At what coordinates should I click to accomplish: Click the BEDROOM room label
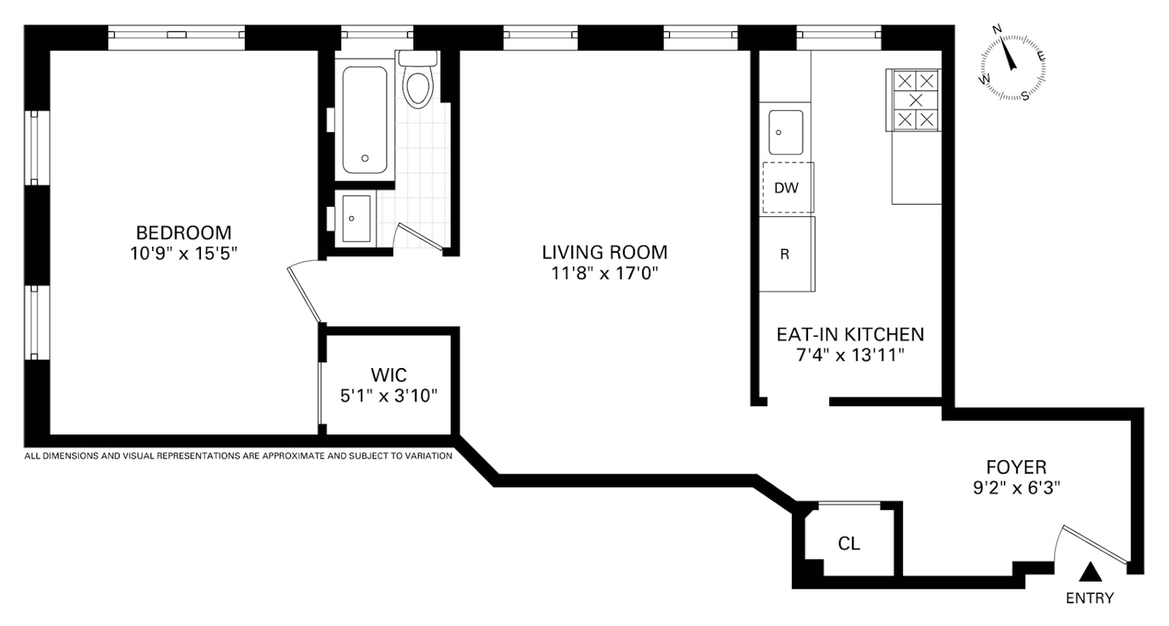(183, 232)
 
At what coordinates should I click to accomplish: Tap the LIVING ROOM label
(604, 252)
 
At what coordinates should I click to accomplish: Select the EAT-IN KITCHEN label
(850, 335)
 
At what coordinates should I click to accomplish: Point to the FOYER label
(1016, 466)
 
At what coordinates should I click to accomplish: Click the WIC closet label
(389, 375)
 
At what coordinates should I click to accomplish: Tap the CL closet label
(848, 543)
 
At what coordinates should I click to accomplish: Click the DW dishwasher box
(788, 188)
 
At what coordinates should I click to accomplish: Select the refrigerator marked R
(787, 254)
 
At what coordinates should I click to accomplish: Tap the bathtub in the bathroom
(365, 120)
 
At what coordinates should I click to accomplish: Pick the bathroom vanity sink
(357, 218)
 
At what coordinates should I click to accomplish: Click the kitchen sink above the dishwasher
(786, 132)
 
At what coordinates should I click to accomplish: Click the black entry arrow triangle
(1089, 572)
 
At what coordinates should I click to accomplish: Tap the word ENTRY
(1089, 598)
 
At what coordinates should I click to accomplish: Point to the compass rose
(1013, 66)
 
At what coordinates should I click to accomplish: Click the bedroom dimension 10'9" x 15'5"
(183, 253)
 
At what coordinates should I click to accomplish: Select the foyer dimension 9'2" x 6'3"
(1016, 488)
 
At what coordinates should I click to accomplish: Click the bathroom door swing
(420, 236)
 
